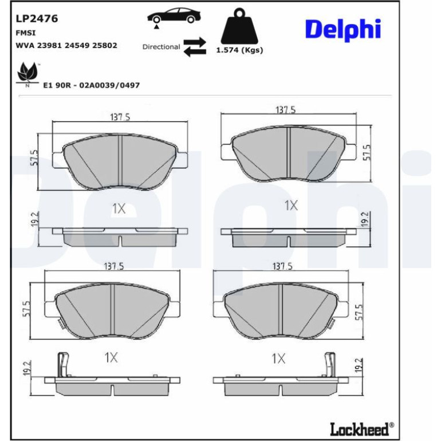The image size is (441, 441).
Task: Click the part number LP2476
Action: [37, 19]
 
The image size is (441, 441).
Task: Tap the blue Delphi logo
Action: [343, 30]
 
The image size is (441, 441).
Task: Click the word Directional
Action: [161, 47]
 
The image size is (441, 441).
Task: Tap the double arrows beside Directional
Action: [195, 47]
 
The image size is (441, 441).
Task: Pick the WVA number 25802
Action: [105, 46]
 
